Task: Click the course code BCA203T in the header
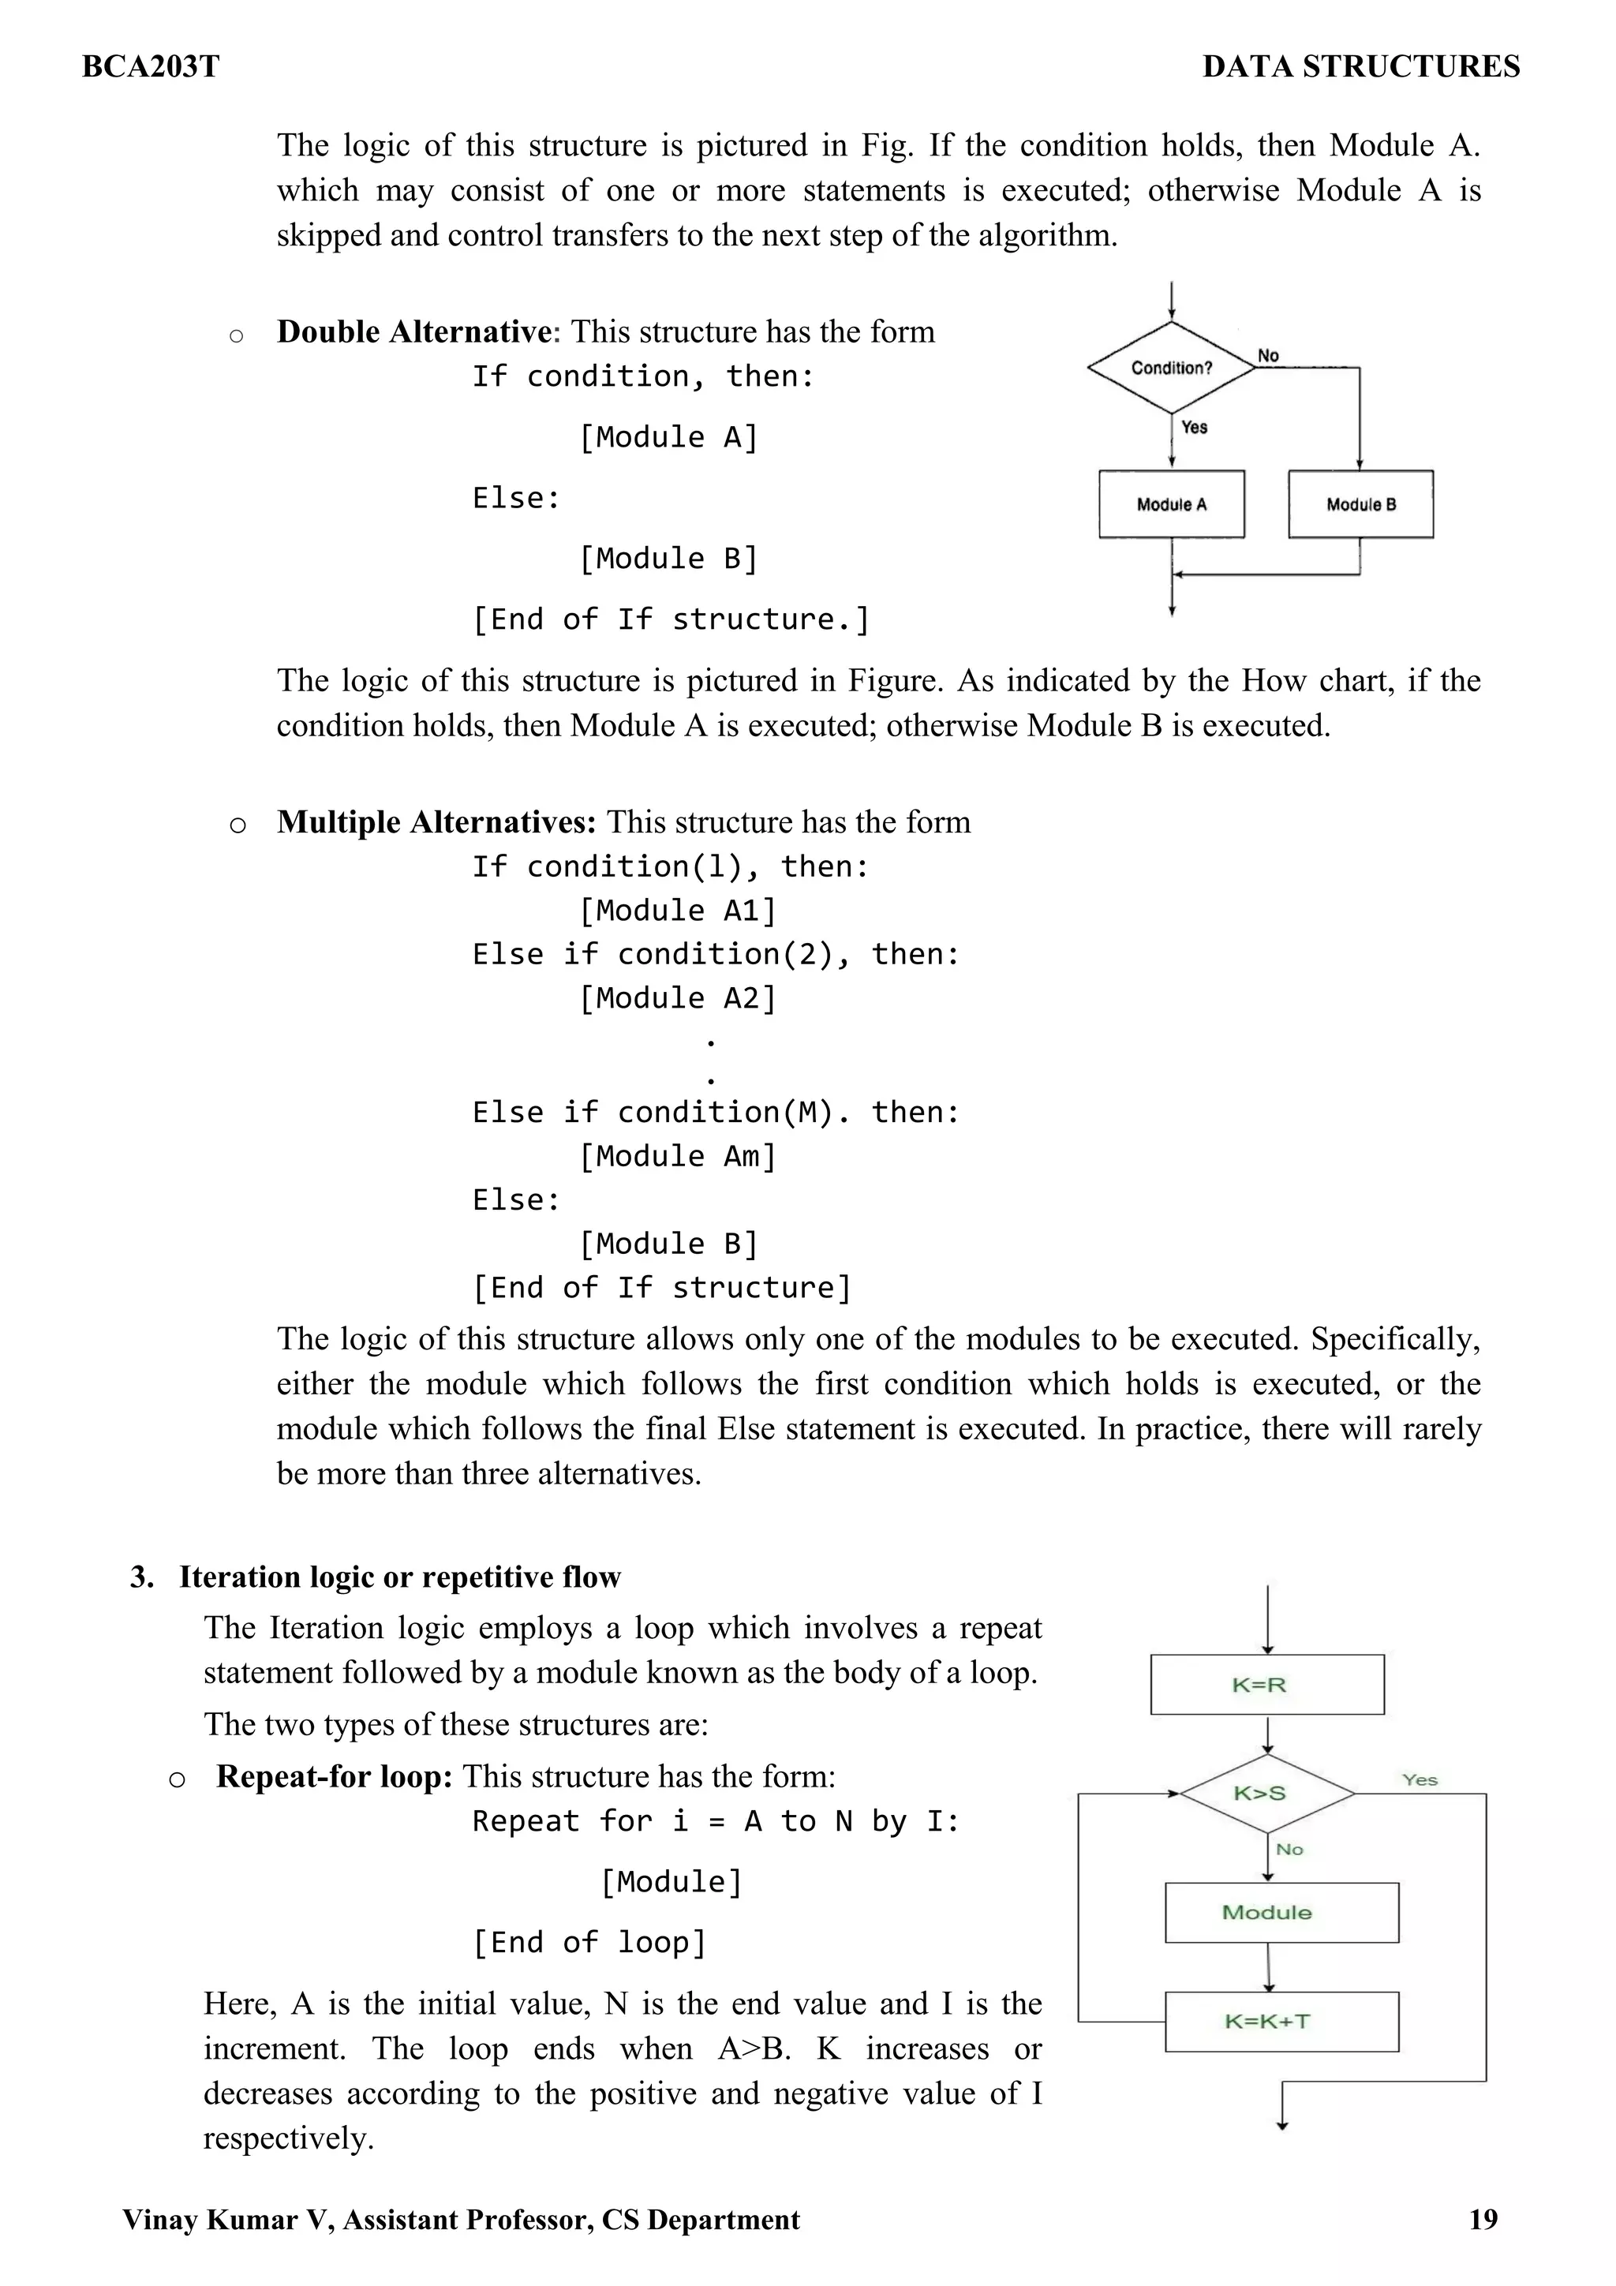(x=151, y=67)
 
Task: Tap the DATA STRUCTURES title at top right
(x=1360, y=67)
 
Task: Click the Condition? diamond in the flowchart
(x=1171, y=368)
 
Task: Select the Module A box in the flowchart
(x=1171, y=505)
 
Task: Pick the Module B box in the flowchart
(x=1360, y=505)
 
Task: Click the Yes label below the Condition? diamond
(x=1194, y=427)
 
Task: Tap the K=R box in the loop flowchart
(x=1266, y=1685)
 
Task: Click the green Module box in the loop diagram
(x=1281, y=1912)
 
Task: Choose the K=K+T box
(x=1281, y=2021)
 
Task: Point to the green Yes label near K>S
(x=1419, y=1780)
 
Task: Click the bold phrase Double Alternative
(x=413, y=331)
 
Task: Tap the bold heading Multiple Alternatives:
(x=436, y=821)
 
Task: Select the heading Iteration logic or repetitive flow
(x=399, y=1577)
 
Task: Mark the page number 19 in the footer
(x=1483, y=2219)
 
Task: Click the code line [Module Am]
(x=677, y=1156)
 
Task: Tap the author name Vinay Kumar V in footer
(x=228, y=2219)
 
